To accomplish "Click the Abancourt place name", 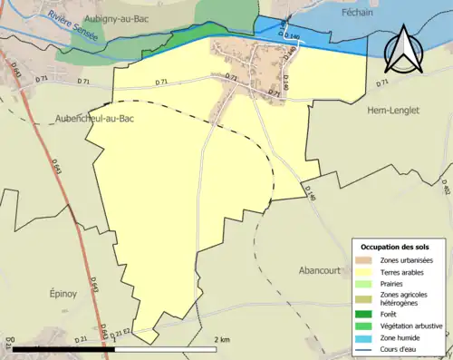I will tap(323, 270).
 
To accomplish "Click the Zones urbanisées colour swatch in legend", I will tap(363, 260).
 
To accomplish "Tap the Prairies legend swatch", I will tap(363, 282).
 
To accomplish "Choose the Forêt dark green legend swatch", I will tap(363, 314).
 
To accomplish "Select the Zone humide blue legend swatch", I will tap(363, 336).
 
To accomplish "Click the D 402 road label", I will tap(446, 186).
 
